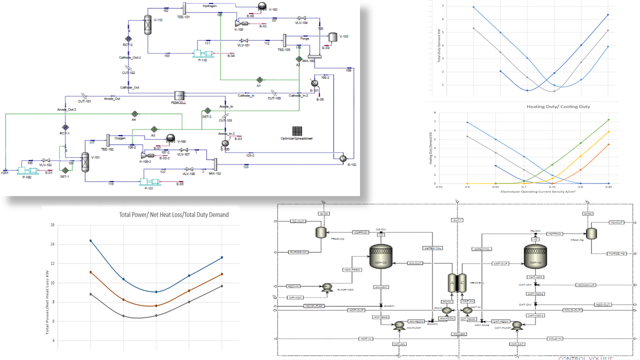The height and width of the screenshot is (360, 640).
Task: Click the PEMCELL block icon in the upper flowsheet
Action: pos(179,95)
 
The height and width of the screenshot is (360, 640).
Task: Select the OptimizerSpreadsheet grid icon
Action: pos(296,130)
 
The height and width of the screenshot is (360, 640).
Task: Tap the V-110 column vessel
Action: pos(148,24)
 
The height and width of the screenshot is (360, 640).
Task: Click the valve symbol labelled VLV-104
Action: pos(302,17)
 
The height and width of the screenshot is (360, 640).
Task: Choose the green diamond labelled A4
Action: pos(134,114)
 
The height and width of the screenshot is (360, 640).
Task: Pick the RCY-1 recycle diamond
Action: pos(65,127)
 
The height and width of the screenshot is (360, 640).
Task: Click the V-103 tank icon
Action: pos(332,36)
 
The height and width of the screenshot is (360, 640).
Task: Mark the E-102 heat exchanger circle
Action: pos(343,158)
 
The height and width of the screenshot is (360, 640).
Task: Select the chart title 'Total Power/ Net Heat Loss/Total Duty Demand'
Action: pos(173,214)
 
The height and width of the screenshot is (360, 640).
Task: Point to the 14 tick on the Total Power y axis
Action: pos(52,244)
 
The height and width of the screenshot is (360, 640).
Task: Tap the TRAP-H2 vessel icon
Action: pos(591,233)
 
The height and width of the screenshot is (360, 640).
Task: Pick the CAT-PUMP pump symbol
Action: pos(517,325)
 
